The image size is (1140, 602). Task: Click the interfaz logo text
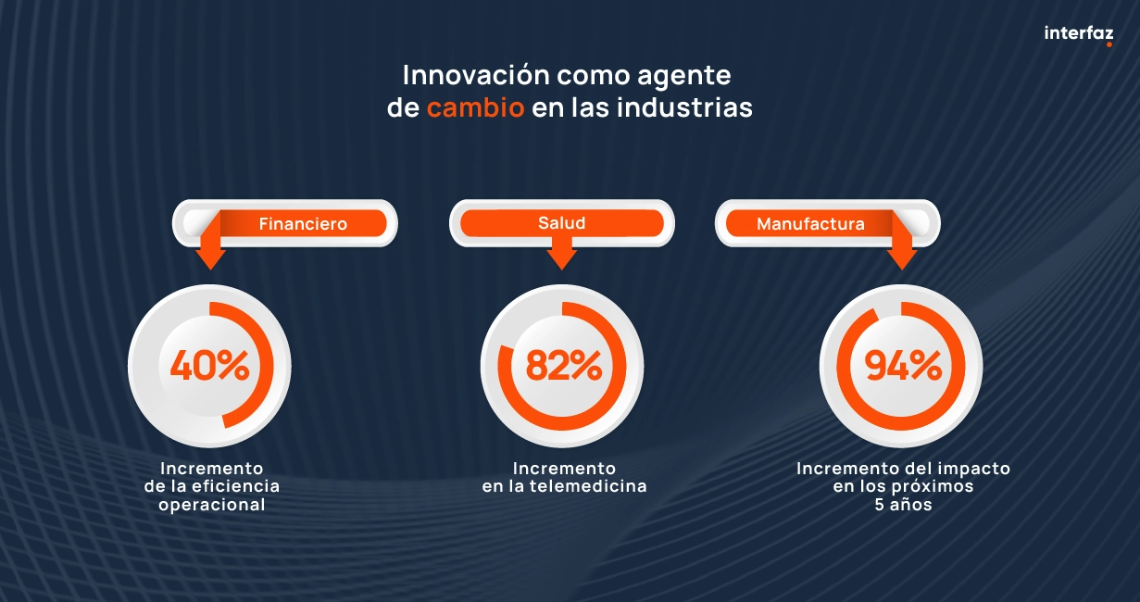click(1079, 33)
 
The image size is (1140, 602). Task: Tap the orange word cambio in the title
click(475, 107)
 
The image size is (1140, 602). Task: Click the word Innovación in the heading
click(476, 75)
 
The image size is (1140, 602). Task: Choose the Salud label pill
click(562, 223)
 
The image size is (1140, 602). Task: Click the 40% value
click(209, 366)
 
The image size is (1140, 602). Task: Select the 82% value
click(563, 366)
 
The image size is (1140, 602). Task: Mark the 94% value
click(903, 366)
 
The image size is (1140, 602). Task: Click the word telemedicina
click(588, 486)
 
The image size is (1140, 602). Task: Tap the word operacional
click(212, 505)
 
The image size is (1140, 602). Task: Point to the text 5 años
click(903, 505)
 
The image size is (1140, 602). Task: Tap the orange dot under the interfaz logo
click(1109, 44)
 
